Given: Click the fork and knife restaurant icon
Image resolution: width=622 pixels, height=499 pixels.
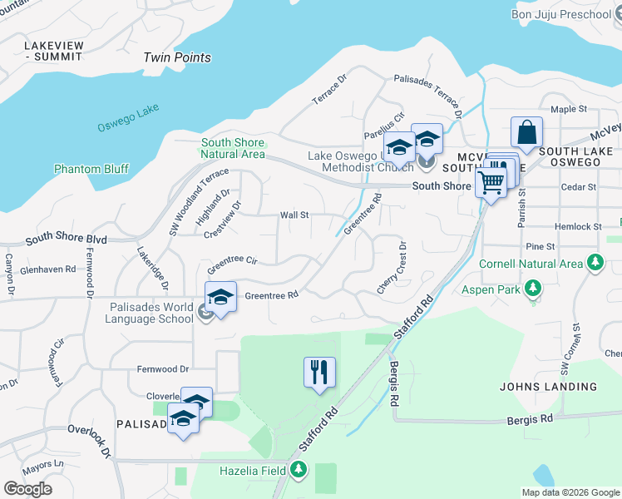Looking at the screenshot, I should pyautogui.click(x=319, y=372).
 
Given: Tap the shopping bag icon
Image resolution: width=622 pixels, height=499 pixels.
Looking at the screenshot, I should pyautogui.click(x=527, y=131).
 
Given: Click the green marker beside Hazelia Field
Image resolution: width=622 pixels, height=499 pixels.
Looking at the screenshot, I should pyautogui.click(x=298, y=471).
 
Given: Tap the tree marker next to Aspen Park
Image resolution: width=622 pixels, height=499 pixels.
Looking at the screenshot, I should pyautogui.click(x=532, y=289).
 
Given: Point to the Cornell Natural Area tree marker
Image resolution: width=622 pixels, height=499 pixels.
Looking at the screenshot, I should pyautogui.click(x=595, y=264).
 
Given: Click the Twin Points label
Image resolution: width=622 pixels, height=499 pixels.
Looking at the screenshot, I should pyautogui.click(x=177, y=57).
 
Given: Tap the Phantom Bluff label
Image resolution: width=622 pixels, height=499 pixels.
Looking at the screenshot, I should pyautogui.click(x=91, y=169).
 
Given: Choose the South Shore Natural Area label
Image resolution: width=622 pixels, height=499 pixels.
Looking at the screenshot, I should pyautogui.click(x=233, y=148).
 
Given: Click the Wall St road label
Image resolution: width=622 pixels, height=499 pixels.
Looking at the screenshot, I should pyautogui.click(x=294, y=215).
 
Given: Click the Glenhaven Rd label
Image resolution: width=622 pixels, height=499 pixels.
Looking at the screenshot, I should pyautogui.click(x=48, y=269).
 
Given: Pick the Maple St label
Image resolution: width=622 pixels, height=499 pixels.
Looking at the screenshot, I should pyautogui.click(x=569, y=109).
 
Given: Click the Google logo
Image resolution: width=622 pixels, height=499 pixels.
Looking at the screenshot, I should pyautogui.click(x=27, y=488).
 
